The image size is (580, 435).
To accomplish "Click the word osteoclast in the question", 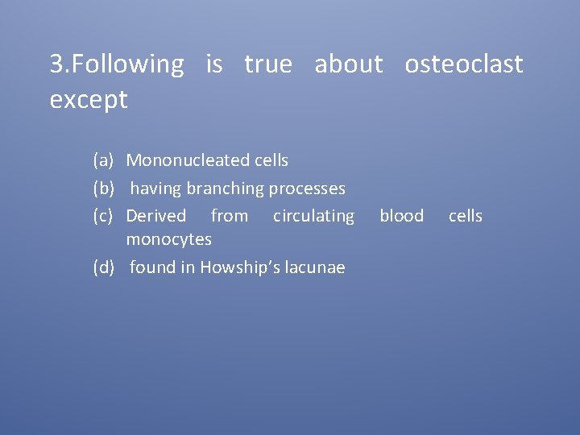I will click(464, 64).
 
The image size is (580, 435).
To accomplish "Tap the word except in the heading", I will click(89, 100).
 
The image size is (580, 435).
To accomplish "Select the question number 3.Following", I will click(117, 64).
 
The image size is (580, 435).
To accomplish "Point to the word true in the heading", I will click(268, 64).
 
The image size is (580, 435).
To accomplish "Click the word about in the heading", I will click(349, 64).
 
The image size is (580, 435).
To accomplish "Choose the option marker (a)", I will click(104, 160).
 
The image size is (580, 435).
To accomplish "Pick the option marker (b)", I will click(104, 188).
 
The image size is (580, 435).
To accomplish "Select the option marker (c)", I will click(104, 216).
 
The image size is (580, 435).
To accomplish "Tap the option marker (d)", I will click(104, 267).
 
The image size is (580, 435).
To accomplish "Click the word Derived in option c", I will click(156, 216).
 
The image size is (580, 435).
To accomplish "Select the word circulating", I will click(313, 216).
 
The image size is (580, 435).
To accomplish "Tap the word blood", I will click(401, 216).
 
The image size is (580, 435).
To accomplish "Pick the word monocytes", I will click(169, 239).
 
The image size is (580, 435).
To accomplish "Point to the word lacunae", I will click(315, 267).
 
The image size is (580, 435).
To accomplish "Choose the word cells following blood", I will click(466, 216).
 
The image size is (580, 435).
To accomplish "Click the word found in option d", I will click(152, 267).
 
